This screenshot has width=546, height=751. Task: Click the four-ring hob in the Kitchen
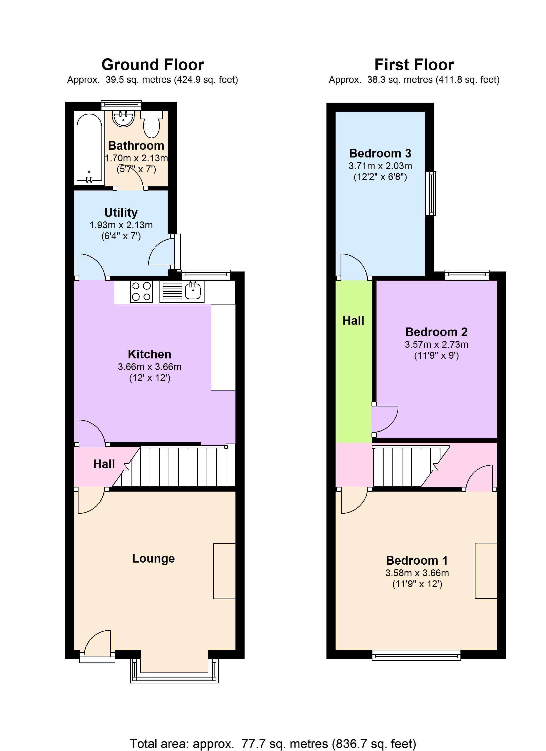[x=141, y=291]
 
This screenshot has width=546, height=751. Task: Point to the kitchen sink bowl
[x=193, y=290]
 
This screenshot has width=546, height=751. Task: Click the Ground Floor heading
[x=153, y=65]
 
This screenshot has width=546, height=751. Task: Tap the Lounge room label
[x=153, y=558]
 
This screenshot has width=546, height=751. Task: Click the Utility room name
[x=121, y=213]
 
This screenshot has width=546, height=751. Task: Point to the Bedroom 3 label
[x=380, y=153]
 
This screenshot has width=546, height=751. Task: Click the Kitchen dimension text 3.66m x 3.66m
[x=150, y=367]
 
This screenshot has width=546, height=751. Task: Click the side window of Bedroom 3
[x=430, y=193]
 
